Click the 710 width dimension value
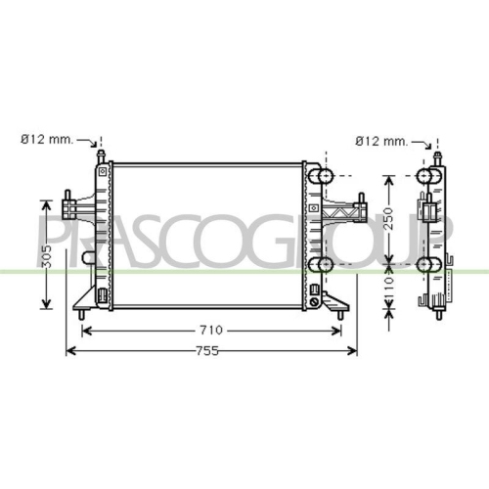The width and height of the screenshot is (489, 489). tap(211, 331)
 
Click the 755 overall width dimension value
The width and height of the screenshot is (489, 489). tap(207, 351)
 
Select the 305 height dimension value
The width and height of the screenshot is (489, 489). tap(47, 256)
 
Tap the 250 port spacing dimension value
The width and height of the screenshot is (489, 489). tap(389, 218)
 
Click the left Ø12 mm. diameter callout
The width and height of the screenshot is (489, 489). tap(47, 140)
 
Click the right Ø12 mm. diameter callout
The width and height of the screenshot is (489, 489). tap(381, 141)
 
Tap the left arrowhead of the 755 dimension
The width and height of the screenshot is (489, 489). tap(71, 351)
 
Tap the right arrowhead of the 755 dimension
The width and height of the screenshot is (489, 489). tap(352, 351)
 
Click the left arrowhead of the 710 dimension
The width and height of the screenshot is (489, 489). tap(86, 332)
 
